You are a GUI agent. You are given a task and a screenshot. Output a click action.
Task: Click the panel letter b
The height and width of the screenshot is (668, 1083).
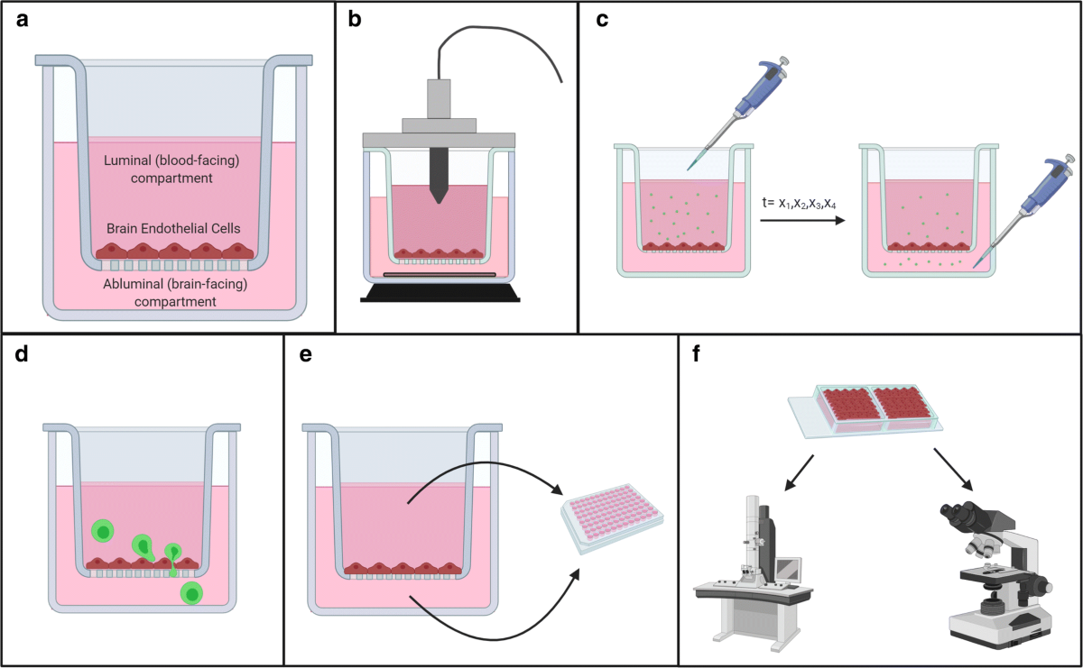[356, 20]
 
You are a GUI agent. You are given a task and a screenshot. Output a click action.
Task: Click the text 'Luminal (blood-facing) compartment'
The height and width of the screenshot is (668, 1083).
[171, 169]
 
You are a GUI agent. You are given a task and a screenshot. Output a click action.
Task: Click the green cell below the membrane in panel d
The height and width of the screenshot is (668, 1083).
[192, 594]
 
